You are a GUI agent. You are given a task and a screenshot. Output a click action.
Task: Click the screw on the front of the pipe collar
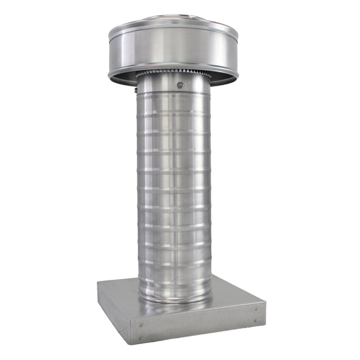tap(179, 85)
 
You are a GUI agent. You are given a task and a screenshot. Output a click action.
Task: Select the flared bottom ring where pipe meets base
tap(174, 298)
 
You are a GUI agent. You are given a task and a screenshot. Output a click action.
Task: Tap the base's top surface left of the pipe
tap(120, 291)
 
